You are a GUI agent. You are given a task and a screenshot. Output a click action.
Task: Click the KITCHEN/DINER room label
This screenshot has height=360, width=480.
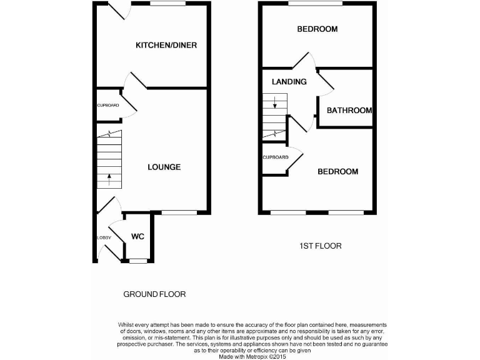click(x=162, y=45)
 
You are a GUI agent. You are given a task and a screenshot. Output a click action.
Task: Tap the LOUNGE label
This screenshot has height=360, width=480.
click(x=164, y=167)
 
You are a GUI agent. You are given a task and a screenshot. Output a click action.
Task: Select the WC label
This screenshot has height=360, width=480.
click(x=138, y=237)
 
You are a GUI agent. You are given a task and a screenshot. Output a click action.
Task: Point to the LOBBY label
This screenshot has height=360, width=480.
click(x=103, y=237)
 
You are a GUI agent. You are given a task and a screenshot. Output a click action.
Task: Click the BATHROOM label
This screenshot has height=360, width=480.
click(x=349, y=111)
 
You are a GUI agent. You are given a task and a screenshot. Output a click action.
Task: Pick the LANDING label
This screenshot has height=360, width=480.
click(x=289, y=82)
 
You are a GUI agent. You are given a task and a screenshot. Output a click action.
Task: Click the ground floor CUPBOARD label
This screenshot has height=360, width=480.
click(x=107, y=105)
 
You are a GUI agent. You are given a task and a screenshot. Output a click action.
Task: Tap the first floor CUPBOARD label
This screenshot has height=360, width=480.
click(x=275, y=157)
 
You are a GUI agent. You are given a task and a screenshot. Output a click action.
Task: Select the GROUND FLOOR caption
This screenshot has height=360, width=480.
click(x=154, y=294)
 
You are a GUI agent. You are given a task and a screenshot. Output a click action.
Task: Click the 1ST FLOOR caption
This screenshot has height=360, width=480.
click(x=320, y=246)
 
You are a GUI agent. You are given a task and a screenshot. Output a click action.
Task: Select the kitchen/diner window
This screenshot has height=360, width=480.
click(x=167, y=3)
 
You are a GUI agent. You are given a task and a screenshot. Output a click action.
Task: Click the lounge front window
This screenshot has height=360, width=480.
click(x=178, y=213)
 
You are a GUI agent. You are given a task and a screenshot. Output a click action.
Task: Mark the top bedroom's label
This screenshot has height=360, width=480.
click(x=317, y=29)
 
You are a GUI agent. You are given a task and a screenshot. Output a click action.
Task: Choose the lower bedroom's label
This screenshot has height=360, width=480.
click(x=337, y=172)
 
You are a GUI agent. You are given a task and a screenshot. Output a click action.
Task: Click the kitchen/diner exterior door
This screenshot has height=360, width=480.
click(x=117, y=9)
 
